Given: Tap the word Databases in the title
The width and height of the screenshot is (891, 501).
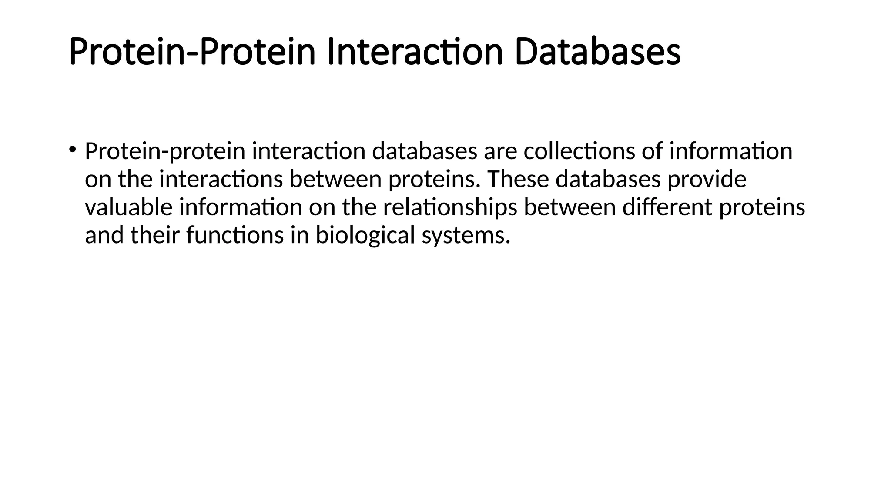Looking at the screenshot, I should point(597,52).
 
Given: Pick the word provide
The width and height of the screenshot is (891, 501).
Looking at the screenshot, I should point(707,179).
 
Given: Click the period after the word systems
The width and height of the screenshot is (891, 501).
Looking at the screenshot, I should point(507,242).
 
